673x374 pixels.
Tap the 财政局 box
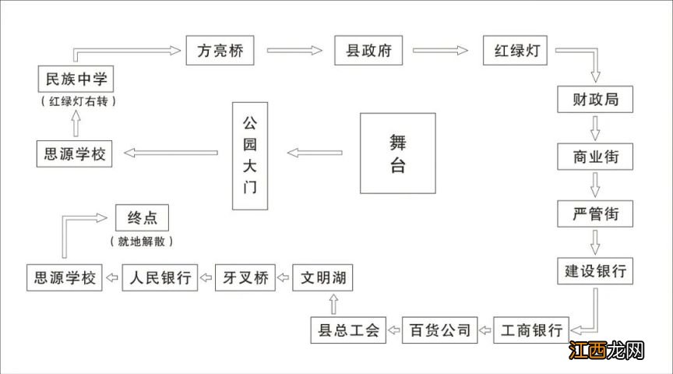tap(596, 100)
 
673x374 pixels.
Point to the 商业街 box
tap(596, 157)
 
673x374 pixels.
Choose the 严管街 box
tap(596, 213)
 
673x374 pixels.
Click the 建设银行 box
tap(596, 271)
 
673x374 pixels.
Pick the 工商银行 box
tap(532, 330)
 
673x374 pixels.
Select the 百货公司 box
tap(440, 330)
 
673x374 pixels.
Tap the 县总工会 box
tap(345, 330)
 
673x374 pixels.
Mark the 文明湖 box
tap(323, 277)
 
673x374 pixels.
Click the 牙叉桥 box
tap(245, 277)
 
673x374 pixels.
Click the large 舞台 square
tap(397, 153)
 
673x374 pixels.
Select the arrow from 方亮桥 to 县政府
tap(294, 51)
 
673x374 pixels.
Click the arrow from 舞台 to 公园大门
tap(315, 153)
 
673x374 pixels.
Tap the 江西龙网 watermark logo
tap(606, 351)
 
